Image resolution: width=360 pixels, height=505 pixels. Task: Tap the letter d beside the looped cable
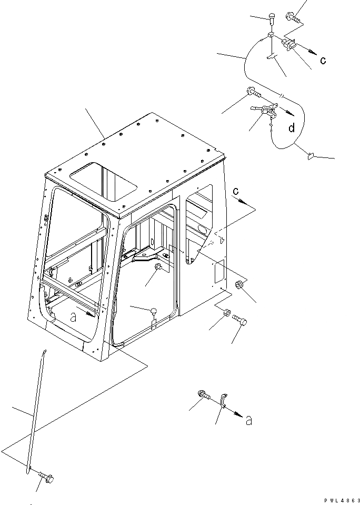pyautogui.click(x=291, y=127)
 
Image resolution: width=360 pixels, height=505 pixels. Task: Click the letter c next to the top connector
pyautogui.click(x=323, y=61)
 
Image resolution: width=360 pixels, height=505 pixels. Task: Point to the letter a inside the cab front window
pyautogui.click(x=73, y=317)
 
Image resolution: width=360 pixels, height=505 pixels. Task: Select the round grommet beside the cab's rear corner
pyautogui.click(x=239, y=286)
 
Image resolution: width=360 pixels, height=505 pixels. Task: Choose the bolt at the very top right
pyautogui.click(x=293, y=18)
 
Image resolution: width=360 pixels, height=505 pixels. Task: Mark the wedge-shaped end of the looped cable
pyautogui.click(x=311, y=155)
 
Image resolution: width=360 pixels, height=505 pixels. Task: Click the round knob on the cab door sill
pyautogui.click(x=154, y=311)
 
